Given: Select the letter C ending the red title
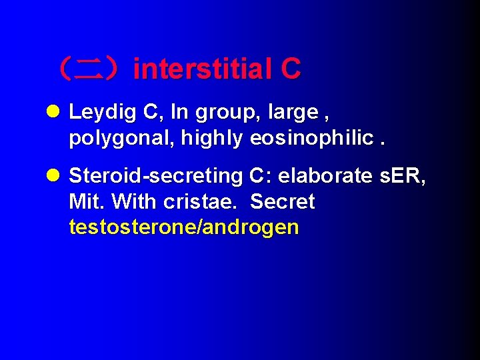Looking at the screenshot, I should (x=291, y=69).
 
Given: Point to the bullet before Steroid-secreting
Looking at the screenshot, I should (x=55, y=176).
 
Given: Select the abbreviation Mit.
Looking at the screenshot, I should (x=85, y=201).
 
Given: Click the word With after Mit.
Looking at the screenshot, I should (x=134, y=201).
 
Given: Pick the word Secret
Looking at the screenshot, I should (x=282, y=201).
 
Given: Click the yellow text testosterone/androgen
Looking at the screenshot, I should (x=183, y=227).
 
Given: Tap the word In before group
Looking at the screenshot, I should (x=179, y=113).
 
